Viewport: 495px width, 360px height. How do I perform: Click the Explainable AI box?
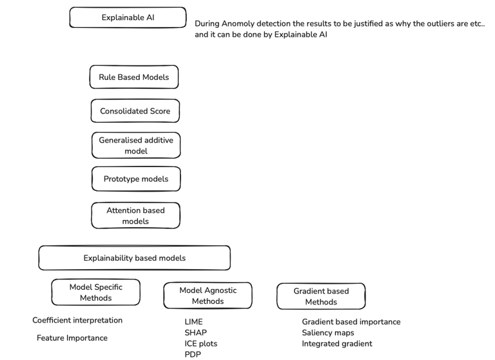(128, 17)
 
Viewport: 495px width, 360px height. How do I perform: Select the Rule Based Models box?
(134, 77)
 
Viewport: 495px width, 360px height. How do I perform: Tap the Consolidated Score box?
(135, 111)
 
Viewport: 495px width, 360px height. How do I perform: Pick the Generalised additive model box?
(136, 145)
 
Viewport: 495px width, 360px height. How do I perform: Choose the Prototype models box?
(136, 179)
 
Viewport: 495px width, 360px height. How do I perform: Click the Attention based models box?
(136, 215)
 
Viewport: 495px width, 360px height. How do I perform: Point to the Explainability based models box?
(135, 258)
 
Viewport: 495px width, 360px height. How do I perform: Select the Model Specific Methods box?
(96, 292)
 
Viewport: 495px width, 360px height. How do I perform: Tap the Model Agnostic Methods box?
(208, 295)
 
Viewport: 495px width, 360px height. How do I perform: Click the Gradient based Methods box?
(321, 297)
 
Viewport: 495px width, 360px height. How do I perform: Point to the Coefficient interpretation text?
(77, 320)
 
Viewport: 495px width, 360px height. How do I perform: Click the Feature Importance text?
(72, 338)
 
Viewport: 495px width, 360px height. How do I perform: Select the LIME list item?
(193, 322)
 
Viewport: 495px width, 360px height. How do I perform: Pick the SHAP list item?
(196, 332)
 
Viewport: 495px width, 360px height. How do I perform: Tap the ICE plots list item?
(201, 344)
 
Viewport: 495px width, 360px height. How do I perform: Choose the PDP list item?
(193, 354)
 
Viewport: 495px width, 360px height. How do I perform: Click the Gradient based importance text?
(351, 322)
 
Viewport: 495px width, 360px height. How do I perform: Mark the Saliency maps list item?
(328, 332)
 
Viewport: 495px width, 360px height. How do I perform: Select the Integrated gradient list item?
(337, 344)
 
